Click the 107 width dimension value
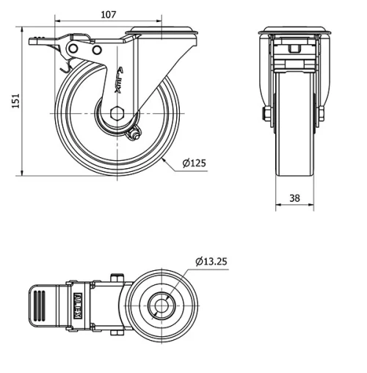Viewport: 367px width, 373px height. [x=108, y=14]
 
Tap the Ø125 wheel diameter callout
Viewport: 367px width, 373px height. [x=194, y=163]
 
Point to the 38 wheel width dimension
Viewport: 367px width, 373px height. [x=294, y=198]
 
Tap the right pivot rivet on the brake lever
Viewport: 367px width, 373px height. [x=97, y=49]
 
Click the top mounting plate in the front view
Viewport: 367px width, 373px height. [x=294, y=32]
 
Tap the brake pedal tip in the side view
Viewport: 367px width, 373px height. [x=33, y=43]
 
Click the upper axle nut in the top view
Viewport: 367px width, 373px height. [x=115, y=277]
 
